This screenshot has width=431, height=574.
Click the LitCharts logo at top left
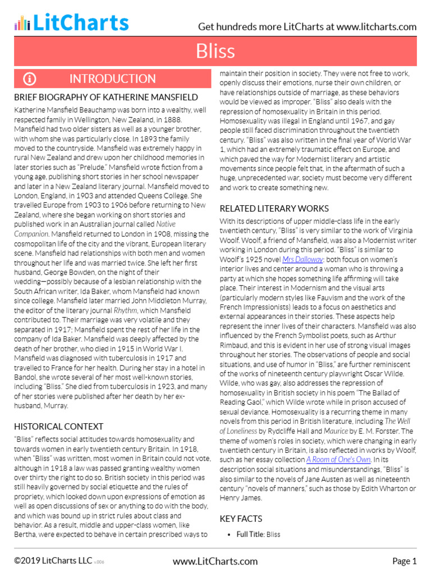[71, 22]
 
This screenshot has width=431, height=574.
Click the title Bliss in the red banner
[215, 51]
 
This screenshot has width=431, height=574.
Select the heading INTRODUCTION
[112, 78]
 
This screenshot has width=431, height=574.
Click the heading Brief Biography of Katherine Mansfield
[106, 97]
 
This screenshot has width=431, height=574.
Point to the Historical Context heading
[58, 427]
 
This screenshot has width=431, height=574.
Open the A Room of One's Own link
[338, 459]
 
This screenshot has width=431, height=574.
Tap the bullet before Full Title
[230, 535]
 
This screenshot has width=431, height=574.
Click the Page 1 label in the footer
[404, 561]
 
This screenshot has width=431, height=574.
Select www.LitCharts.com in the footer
[215, 561]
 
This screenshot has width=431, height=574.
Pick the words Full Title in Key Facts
[250, 535]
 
